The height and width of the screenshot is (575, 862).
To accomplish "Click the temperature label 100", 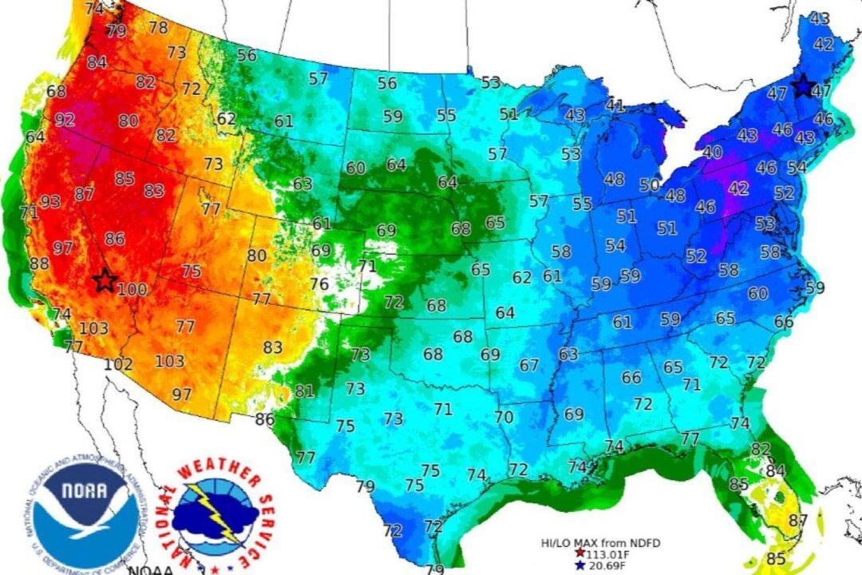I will pos(132,290).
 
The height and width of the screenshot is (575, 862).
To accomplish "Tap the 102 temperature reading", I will pos(118,363).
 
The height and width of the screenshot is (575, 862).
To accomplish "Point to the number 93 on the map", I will pos(49,201).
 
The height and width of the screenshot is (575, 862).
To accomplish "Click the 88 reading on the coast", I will pos(39,264).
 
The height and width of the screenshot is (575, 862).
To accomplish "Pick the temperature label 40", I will pos(713,152).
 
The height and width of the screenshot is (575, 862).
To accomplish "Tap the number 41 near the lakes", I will pos(614,105).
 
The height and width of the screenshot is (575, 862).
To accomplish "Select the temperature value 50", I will pos(649,185).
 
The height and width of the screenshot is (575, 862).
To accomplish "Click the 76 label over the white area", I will pos(319,284).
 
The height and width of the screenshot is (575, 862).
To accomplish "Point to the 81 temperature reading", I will pos(304,391).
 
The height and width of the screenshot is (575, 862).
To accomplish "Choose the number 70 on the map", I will pos(503,417).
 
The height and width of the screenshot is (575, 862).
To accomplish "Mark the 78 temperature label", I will pos(158,27).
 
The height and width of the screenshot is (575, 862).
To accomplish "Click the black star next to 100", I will pos(104,280).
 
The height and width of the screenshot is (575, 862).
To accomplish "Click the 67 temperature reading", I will pos(529,365).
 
